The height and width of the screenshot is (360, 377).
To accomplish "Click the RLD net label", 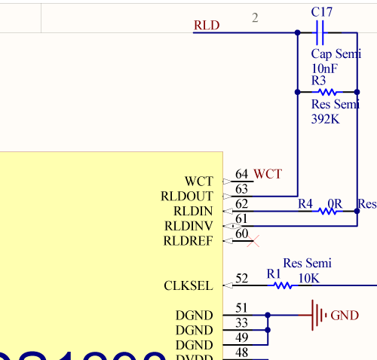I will pyautogui.click(x=207, y=26).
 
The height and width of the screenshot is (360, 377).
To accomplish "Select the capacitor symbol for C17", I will pyautogui.click(x=319, y=32).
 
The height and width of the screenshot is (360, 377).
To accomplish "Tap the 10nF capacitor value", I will pyautogui.click(x=324, y=69).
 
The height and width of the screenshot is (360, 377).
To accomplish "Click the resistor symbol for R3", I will pyautogui.click(x=326, y=92).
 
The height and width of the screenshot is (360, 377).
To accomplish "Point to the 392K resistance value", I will pyautogui.click(x=326, y=119).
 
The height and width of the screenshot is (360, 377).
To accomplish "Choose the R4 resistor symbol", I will pyautogui.click(x=327, y=212).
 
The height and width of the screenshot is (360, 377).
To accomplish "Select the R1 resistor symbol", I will pyautogui.click(x=283, y=285).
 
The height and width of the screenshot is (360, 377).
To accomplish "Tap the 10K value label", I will pyautogui.click(x=309, y=277).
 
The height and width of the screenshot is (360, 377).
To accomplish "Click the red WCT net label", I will pyautogui.click(x=268, y=174).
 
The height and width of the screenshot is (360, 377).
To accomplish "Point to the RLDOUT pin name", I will pyautogui.click(x=187, y=197).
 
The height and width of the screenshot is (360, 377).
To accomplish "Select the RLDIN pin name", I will pyautogui.click(x=193, y=212).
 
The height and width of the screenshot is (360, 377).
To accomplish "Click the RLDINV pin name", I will pyautogui.click(x=188, y=226).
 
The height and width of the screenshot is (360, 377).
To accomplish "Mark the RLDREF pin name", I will pyautogui.click(x=188, y=241).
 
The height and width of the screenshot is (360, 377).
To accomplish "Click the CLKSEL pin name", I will pyautogui.click(x=188, y=285).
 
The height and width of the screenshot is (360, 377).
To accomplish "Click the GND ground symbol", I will pyautogui.click(x=320, y=315).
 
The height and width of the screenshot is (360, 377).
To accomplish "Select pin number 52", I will pyautogui.click(x=242, y=279).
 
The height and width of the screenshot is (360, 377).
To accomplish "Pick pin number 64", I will pyautogui.click(x=242, y=175).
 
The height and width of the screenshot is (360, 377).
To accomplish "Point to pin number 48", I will pyautogui.click(x=242, y=352).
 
